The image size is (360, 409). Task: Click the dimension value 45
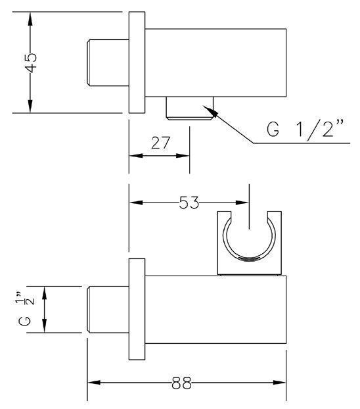[30, 63]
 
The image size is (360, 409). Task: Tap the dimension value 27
[160, 143]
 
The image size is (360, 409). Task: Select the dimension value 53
[189, 203]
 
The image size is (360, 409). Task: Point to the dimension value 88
[182, 383]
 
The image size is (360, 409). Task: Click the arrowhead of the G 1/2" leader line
[210, 111]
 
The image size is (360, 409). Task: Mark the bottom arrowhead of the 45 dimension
[30, 106]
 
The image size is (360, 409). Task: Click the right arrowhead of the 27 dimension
[183, 156]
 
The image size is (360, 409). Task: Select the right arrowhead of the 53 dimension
[242, 203]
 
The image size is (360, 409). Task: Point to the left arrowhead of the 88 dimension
[94, 383]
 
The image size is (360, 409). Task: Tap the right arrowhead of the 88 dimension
[279, 383]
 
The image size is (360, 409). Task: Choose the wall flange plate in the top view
[137, 62]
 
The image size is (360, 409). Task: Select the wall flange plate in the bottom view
[137, 309]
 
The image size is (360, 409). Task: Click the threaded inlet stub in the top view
[108, 62]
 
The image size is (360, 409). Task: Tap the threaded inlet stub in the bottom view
[108, 310]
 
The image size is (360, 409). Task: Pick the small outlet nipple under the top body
[190, 108]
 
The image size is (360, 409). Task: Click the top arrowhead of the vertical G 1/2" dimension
[45, 293]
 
